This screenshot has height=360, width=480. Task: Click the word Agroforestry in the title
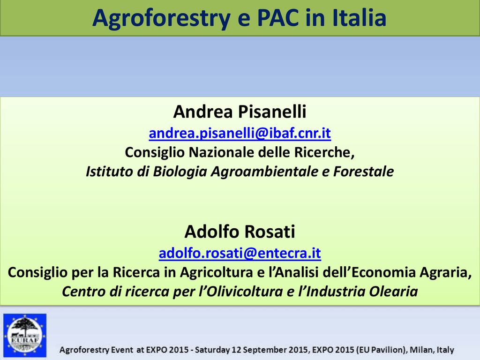[161, 18]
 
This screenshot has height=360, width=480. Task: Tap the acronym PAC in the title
[278, 18]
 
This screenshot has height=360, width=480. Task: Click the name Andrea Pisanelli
[240, 112]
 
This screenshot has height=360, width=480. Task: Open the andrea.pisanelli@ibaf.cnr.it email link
[240, 133]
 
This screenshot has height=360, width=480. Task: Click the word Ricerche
[324, 152]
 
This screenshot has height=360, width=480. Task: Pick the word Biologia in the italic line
[180, 172]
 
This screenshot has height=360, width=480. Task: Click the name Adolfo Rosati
[240, 232]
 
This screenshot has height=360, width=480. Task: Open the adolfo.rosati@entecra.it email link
[240, 253]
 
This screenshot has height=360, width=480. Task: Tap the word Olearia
[393, 291]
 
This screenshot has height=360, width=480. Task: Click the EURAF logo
[25, 335]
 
